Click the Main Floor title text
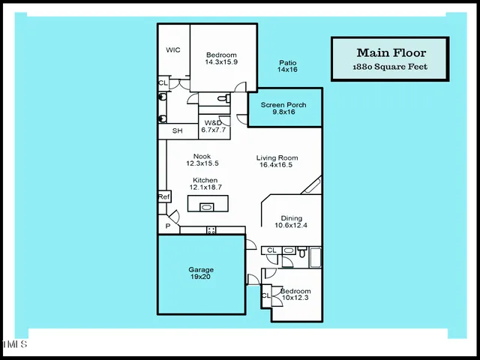tap(391, 52)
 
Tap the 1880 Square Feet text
tap(391, 67)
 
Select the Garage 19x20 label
tap(201, 274)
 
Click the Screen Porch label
tap(285, 108)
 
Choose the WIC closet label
tap(173, 50)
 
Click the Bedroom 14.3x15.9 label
tap(221, 58)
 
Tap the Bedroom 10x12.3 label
tap(295, 294)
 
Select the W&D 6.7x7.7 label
tap(213, 126)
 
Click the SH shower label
tap(178, 131)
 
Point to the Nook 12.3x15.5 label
tap(202, 160)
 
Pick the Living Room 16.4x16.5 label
tap(277, 161)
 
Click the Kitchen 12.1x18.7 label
tap(205, 184)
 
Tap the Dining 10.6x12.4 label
tap(291, 222)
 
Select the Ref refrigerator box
tap(163, 196)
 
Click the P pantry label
tap(167, 226)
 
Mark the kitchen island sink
tap(206, 207)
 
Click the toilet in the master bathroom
tap(223, 99)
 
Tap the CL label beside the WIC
tap(163, 83)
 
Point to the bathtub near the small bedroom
tap(314, 259)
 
